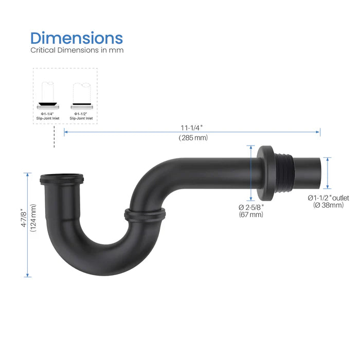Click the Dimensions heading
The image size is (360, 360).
click(76, 38)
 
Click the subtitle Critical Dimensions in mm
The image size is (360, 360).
click(77, 50)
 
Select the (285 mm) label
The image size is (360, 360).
click(193, 138)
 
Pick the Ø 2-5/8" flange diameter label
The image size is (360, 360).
click(251, 207)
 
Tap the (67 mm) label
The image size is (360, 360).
click(251, 214)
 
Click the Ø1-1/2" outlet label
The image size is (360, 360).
click(329, 198)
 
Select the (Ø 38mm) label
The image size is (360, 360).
click(329, 205)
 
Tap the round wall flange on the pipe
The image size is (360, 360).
click(267, 173)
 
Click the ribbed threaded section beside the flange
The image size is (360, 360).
click(285, 173)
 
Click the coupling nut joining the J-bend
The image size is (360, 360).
click(145, 214)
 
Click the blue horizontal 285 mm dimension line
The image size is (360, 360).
click(154, 132)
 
